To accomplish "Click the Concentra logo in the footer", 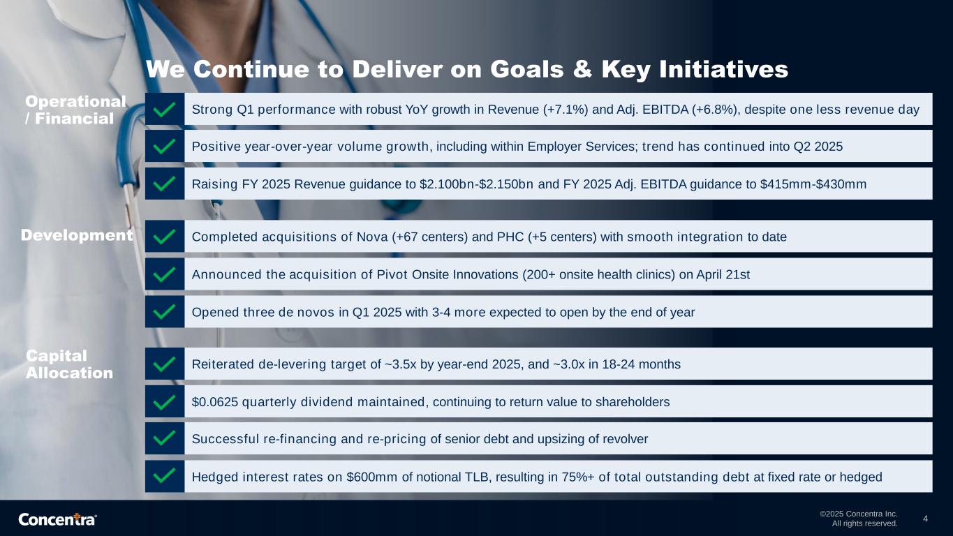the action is (x=57, y=519).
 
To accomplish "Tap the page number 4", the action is (x=925, y=519).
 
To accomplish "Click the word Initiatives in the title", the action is (x=724, y=69).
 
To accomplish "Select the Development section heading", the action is (x=77, y=235).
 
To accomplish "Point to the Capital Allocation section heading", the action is (x=69, y=364).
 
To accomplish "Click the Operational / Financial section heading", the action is (x=75, y=110).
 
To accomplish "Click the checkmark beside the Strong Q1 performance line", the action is (x=164, y=110).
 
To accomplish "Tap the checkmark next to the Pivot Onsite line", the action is (x=164, y=274).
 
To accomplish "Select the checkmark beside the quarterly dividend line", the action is (x=164, y=401).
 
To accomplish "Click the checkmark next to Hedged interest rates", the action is (x=164, y=477).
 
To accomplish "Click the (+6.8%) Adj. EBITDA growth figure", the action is (x=714, y=110).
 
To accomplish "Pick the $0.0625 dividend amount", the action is (x=215, y=402).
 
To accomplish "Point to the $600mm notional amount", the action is (x=372, y=477).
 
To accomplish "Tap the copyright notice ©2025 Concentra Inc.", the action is (x=859, y=514).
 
